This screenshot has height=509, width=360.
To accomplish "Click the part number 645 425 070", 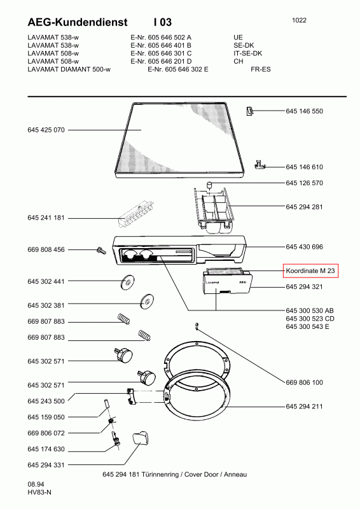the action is pyautogui.click(x=46, y=130).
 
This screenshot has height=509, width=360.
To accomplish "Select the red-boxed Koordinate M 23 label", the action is pyautogui.click(x=310, y=271).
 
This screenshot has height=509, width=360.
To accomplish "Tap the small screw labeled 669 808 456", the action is pyautogui.click(x=101, y=250).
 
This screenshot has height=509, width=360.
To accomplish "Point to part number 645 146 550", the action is pyautogui.click(x=304, y=111).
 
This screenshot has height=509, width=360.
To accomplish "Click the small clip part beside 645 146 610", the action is pyautogui.click(x=260, y=165).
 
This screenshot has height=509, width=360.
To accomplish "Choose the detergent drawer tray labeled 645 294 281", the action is pyautogui.click(x=214, y=209).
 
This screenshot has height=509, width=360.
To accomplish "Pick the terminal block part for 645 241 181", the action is pyautogui.click(x=135, y=214).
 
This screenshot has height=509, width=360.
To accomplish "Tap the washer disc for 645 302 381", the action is pyautogui.click(x=147, y=302).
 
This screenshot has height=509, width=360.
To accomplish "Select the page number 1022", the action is pyautogui.click(x=299, y=20).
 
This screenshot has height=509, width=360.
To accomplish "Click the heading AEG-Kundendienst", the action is pyautogui.click(x=78, y=22).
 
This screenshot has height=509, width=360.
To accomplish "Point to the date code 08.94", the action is pyautogui.click(x=36, y=484).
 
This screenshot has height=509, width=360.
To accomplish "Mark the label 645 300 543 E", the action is pyautogui.click(x=307, y=326).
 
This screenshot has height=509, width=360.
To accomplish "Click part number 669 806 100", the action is pyautogui.click(x=304, y=382).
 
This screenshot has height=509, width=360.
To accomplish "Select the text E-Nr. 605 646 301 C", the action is pyautogui.click(x=161, y=53).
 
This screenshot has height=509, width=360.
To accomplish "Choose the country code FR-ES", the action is pyautogui.click(x=261, y=69).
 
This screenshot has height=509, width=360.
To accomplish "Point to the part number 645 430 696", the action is pyautogui.click(x=304, y=247).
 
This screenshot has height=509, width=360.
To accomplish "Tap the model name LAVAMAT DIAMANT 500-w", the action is pyautogui.click(x=69, y=69).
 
